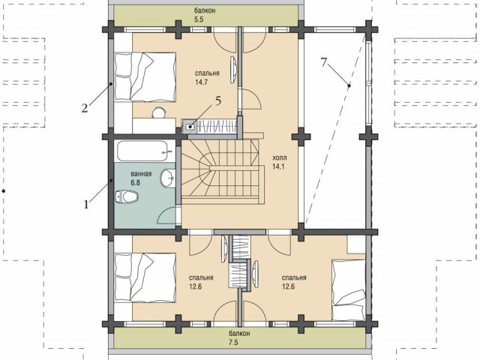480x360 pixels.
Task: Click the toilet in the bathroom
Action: click(x=127, y=196)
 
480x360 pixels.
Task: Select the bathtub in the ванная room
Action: click(x=142, y=151)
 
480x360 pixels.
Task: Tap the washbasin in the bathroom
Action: click(x=168, y=178)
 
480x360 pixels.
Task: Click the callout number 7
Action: click(x=325, y=62)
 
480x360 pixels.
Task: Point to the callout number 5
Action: click(x=218, y=100)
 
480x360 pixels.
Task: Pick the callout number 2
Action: click(x=85, y=108)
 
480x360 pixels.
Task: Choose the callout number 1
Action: click(x=86, y=204)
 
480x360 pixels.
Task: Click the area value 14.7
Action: click(x=202, y=82)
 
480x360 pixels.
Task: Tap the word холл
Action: click(x=280, y=158)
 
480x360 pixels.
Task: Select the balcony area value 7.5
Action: click(x=233, y=342)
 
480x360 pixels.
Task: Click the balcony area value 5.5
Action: click(x=199, y=19)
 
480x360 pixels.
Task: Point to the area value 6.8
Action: click(x=135, y=183)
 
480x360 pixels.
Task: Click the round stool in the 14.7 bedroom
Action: click(x=158, y=112)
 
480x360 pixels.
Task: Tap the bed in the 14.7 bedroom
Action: click(x=145, y=76)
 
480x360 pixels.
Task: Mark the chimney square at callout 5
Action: click(x=190, y=127)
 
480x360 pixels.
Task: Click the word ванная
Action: click(x=141, y=174)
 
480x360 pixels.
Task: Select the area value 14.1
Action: click(x=278, y=166)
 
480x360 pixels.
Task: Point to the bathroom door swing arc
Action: click(x=165, y=214)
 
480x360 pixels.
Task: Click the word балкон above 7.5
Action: click(x=239, y=333)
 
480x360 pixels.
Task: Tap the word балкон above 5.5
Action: click(x=205, y=10)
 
